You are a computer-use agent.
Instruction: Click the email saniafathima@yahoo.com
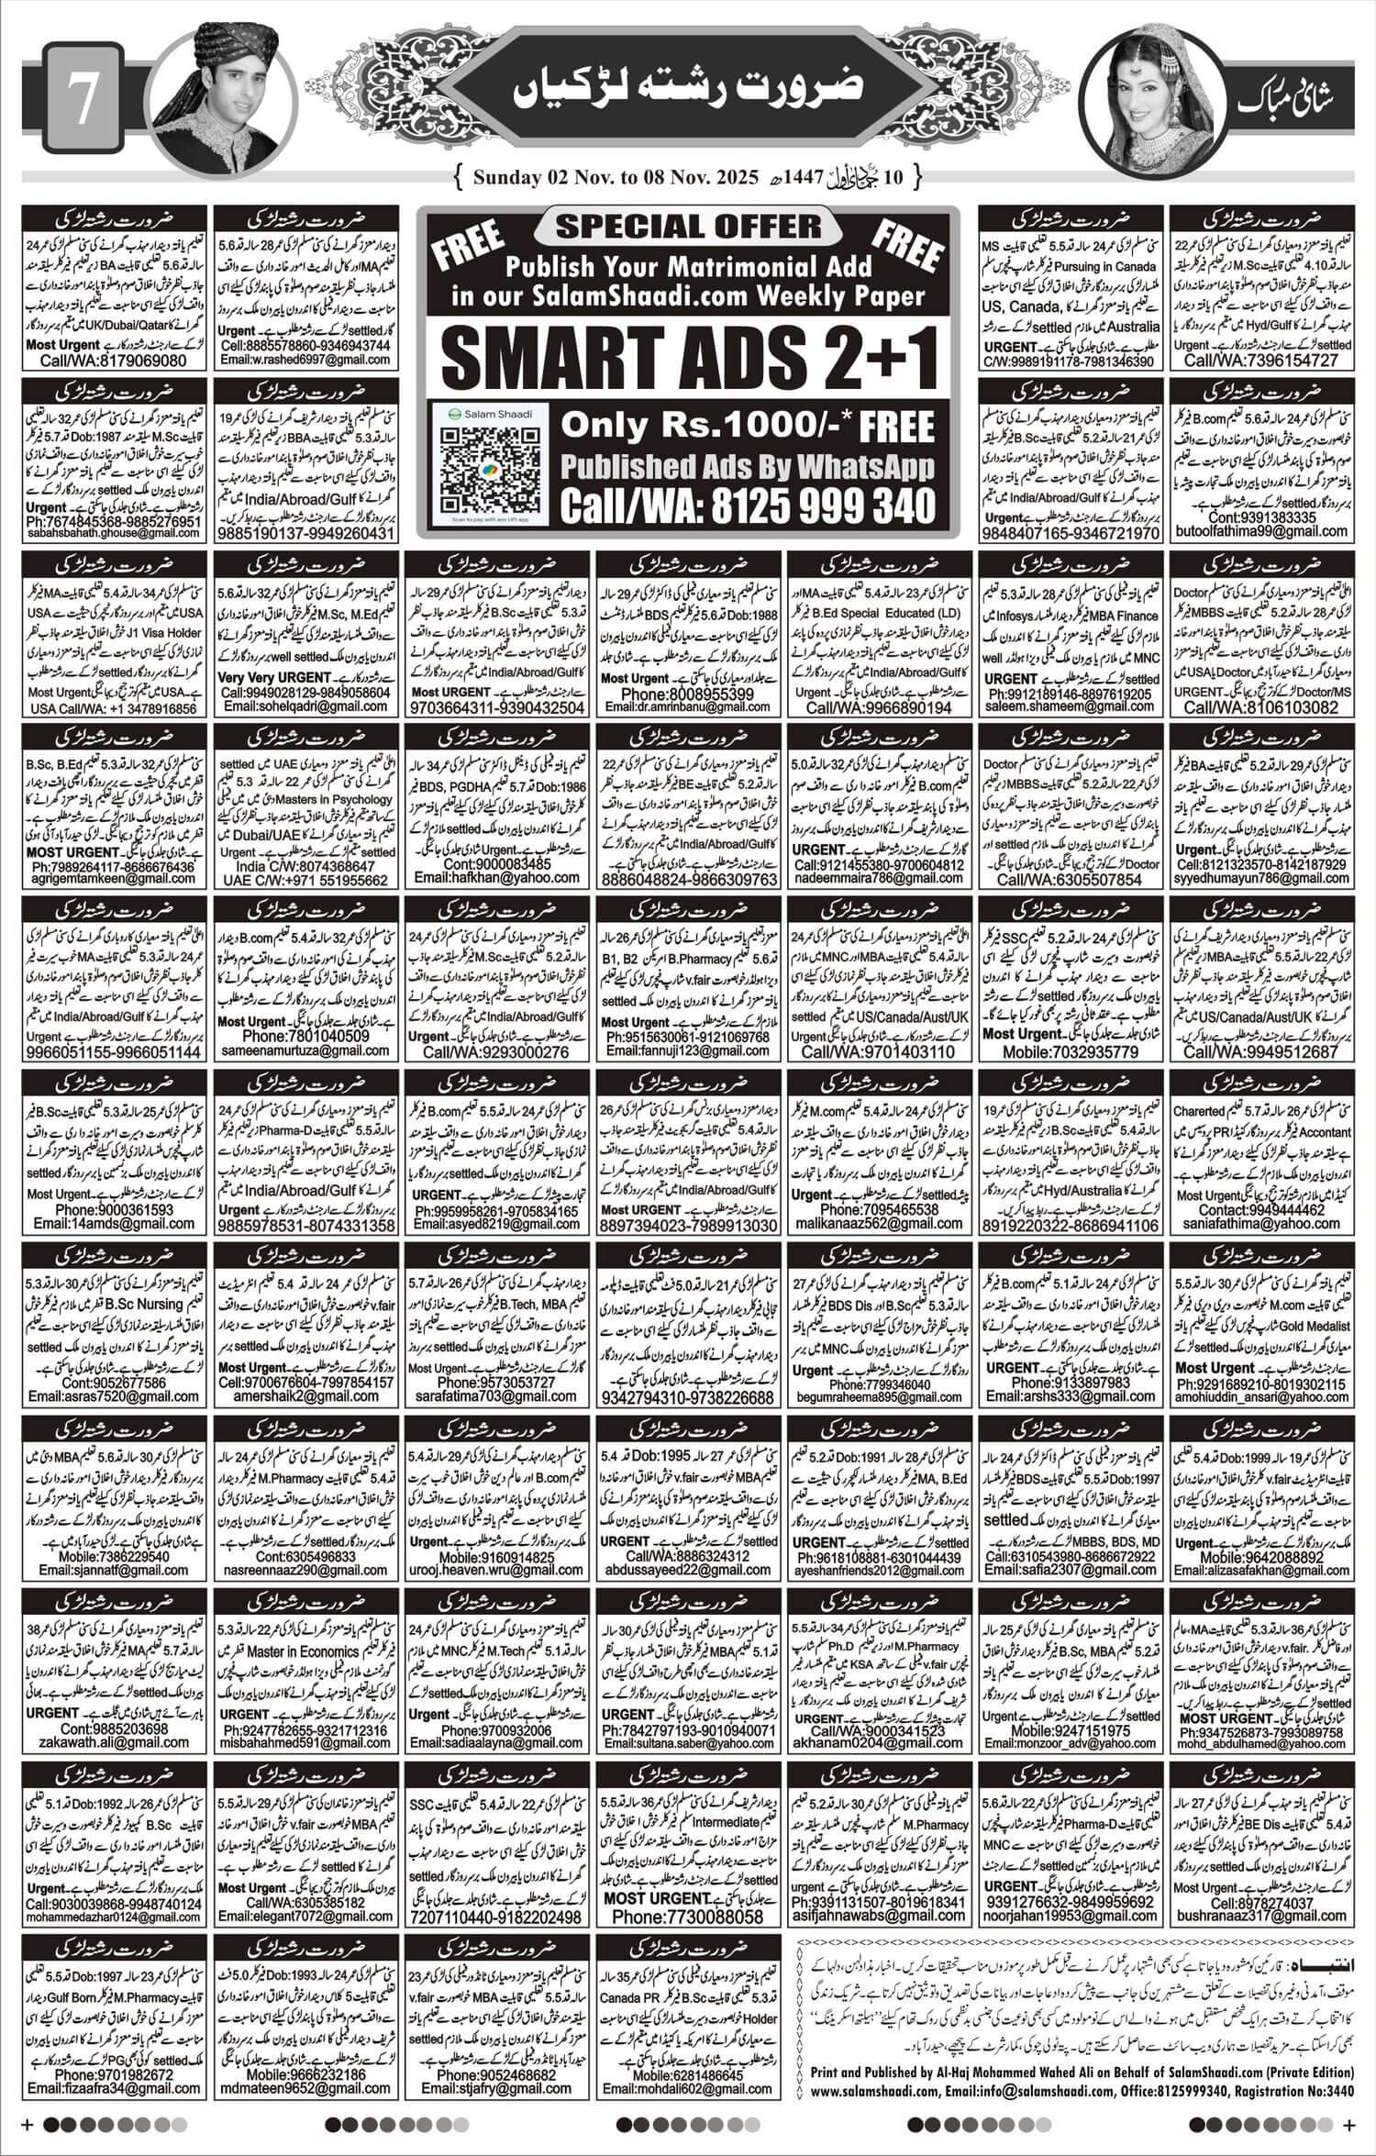tap(1260, 1223)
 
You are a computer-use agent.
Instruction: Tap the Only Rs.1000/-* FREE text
tap(748, 426)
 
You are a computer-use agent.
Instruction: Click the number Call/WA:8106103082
tap(1260, 708)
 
